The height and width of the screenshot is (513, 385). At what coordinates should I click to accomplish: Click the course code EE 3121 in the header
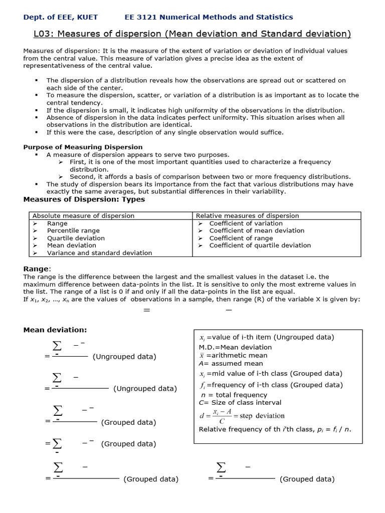(x=142, y=17)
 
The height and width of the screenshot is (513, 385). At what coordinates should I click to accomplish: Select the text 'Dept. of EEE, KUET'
(x=61, y=17)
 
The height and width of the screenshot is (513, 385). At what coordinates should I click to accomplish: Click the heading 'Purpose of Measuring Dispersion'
(x=83, y=147)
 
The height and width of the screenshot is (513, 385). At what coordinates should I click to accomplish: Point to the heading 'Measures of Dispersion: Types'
(x=84, y=199)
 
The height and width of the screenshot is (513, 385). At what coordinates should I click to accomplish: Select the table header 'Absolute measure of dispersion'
(x=83, y=216)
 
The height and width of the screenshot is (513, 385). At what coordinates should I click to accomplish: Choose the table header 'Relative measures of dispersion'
(x=248, y=216)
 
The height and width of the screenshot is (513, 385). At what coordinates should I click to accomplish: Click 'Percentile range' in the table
(x=73, y=230)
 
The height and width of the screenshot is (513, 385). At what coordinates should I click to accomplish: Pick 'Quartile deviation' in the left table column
(x=76, y=238)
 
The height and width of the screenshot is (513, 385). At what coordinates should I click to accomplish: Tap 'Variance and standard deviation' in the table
(x=99, y=253)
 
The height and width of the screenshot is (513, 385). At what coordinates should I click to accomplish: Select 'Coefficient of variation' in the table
(x=246, y=223)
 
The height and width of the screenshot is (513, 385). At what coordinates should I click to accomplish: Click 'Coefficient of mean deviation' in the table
(x=257, y=230)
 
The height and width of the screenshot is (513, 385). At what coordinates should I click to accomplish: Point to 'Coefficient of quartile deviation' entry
(x=260, y=245)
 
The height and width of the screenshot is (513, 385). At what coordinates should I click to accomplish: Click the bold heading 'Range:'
(x=37, y=269)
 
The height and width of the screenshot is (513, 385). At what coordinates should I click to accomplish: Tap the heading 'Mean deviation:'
(x=55, y=330)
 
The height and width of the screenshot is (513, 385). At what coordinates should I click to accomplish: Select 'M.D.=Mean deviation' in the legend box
(x=235, y=347)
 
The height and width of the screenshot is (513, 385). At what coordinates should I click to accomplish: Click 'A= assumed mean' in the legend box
(x=224, y=363)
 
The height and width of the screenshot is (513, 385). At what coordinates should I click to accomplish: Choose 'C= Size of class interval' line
(x=240, y=402)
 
